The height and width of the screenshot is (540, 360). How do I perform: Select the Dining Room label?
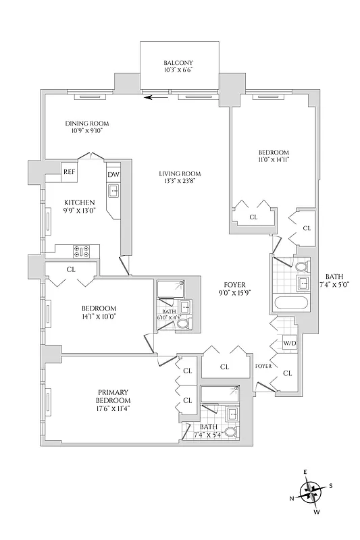(x=87, y=124)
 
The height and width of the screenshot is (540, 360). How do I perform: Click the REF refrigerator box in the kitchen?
(x=70, y=171)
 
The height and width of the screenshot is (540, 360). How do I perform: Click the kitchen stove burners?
(x=82, y=251)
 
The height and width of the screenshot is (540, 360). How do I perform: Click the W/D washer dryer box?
(x=290, y=343)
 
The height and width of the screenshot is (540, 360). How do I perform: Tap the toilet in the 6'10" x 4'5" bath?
(x=182, y=325)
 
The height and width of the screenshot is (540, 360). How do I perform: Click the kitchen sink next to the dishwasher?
(x=114, y=192)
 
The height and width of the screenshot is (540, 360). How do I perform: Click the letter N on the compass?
(x=292, y=498)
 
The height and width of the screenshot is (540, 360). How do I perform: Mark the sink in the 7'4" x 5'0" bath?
(x=303, y=281)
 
